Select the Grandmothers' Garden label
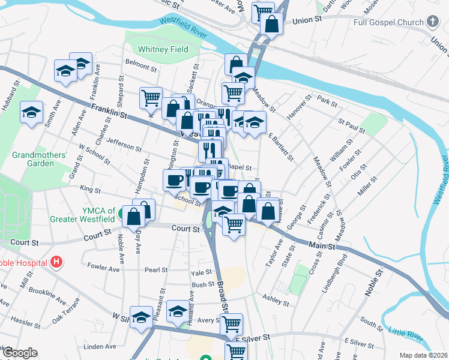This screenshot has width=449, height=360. coord(40,159)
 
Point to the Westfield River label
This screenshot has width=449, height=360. coord(182,28)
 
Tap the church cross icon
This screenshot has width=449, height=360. coord(433,22)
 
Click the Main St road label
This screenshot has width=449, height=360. coord(322,245)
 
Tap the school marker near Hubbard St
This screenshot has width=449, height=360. coord(31,112)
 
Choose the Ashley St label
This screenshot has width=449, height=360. coord(277,298)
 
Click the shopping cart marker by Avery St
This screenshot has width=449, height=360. coord(231,323)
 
